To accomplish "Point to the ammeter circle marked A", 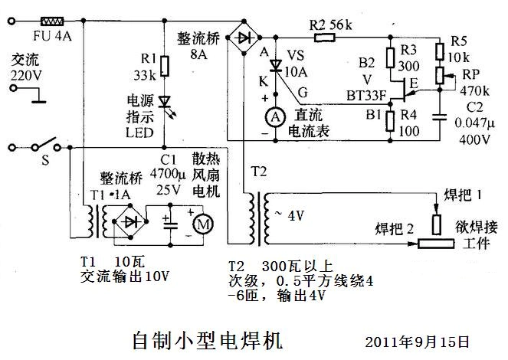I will point(270,116).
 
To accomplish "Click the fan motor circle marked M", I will point(203,224).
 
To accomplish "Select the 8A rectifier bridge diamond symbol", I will point(245,37).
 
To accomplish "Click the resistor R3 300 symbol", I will point(388,60).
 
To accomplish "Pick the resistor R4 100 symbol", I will point(388,120).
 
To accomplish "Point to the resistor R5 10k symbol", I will point(439,51).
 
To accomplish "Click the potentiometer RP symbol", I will point(439,75).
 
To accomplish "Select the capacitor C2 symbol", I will point(439,116).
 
